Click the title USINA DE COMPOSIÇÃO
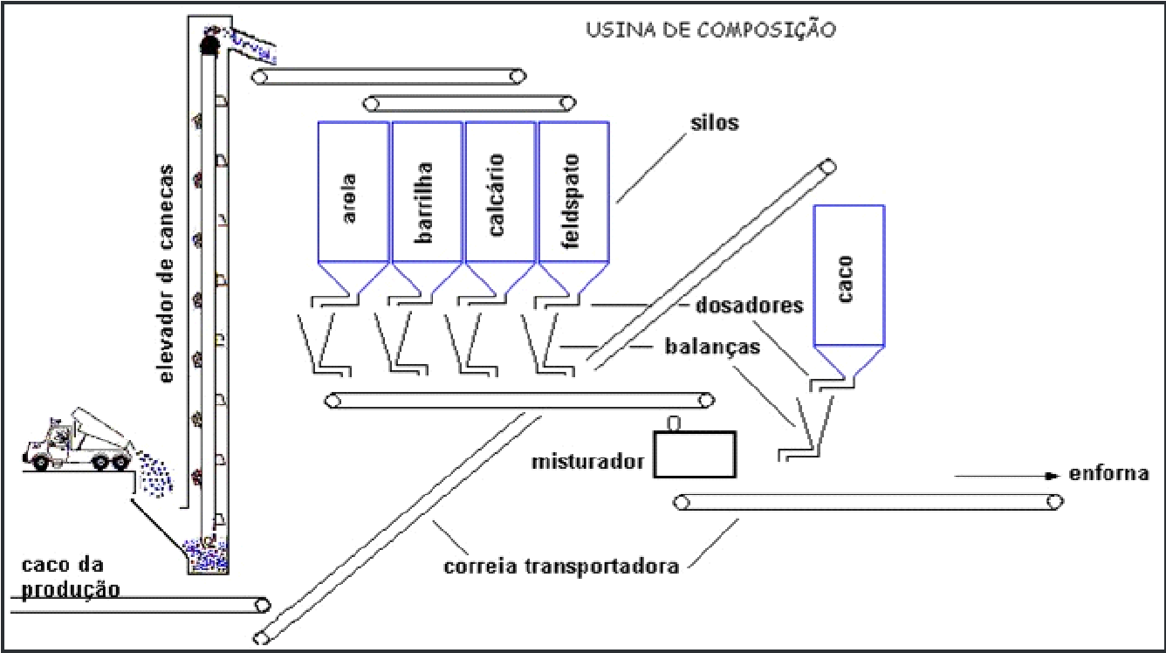pos(711,29)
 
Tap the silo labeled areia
pos(353,210)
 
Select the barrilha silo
pos(428,210)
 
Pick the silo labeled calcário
pos(501,210)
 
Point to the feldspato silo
pos(574,210)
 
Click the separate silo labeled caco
pos(849,292)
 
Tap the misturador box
pos(695,454)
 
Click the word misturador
pos(587,462)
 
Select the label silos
pos(715,123)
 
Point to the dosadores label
pos(750,306)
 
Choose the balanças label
pos(712,347)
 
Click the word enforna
pos(1108,473)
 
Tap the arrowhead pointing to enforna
pos(1053,476)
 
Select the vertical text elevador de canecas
pos(166,274)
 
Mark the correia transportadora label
pos(561,566)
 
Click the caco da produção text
pos(71,578)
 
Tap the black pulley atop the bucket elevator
pos(209,44)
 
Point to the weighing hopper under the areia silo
pos(323,344)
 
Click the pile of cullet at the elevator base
pos(207,555)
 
